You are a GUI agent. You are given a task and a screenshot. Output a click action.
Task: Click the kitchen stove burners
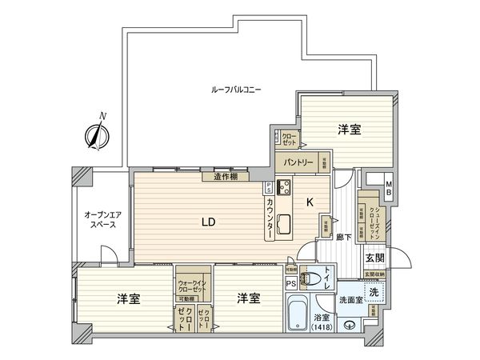283,189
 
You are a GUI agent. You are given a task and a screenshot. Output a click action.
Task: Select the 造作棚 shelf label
226,177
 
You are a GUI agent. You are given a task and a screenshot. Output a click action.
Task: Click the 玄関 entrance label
376,258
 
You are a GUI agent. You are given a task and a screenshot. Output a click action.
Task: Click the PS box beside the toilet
290,282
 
